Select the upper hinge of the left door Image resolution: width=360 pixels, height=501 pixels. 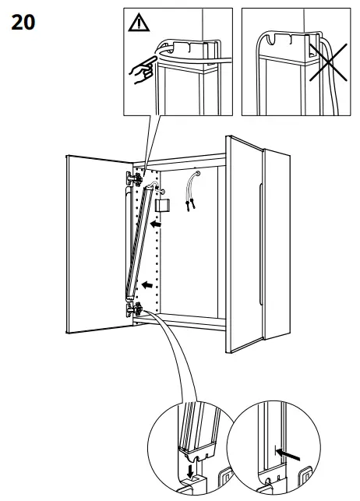[133, 179]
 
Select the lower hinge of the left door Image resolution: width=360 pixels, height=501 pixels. [134, 309]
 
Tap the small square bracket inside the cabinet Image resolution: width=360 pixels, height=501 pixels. [162, 206]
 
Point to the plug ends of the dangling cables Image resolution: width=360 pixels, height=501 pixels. [188, 207]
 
